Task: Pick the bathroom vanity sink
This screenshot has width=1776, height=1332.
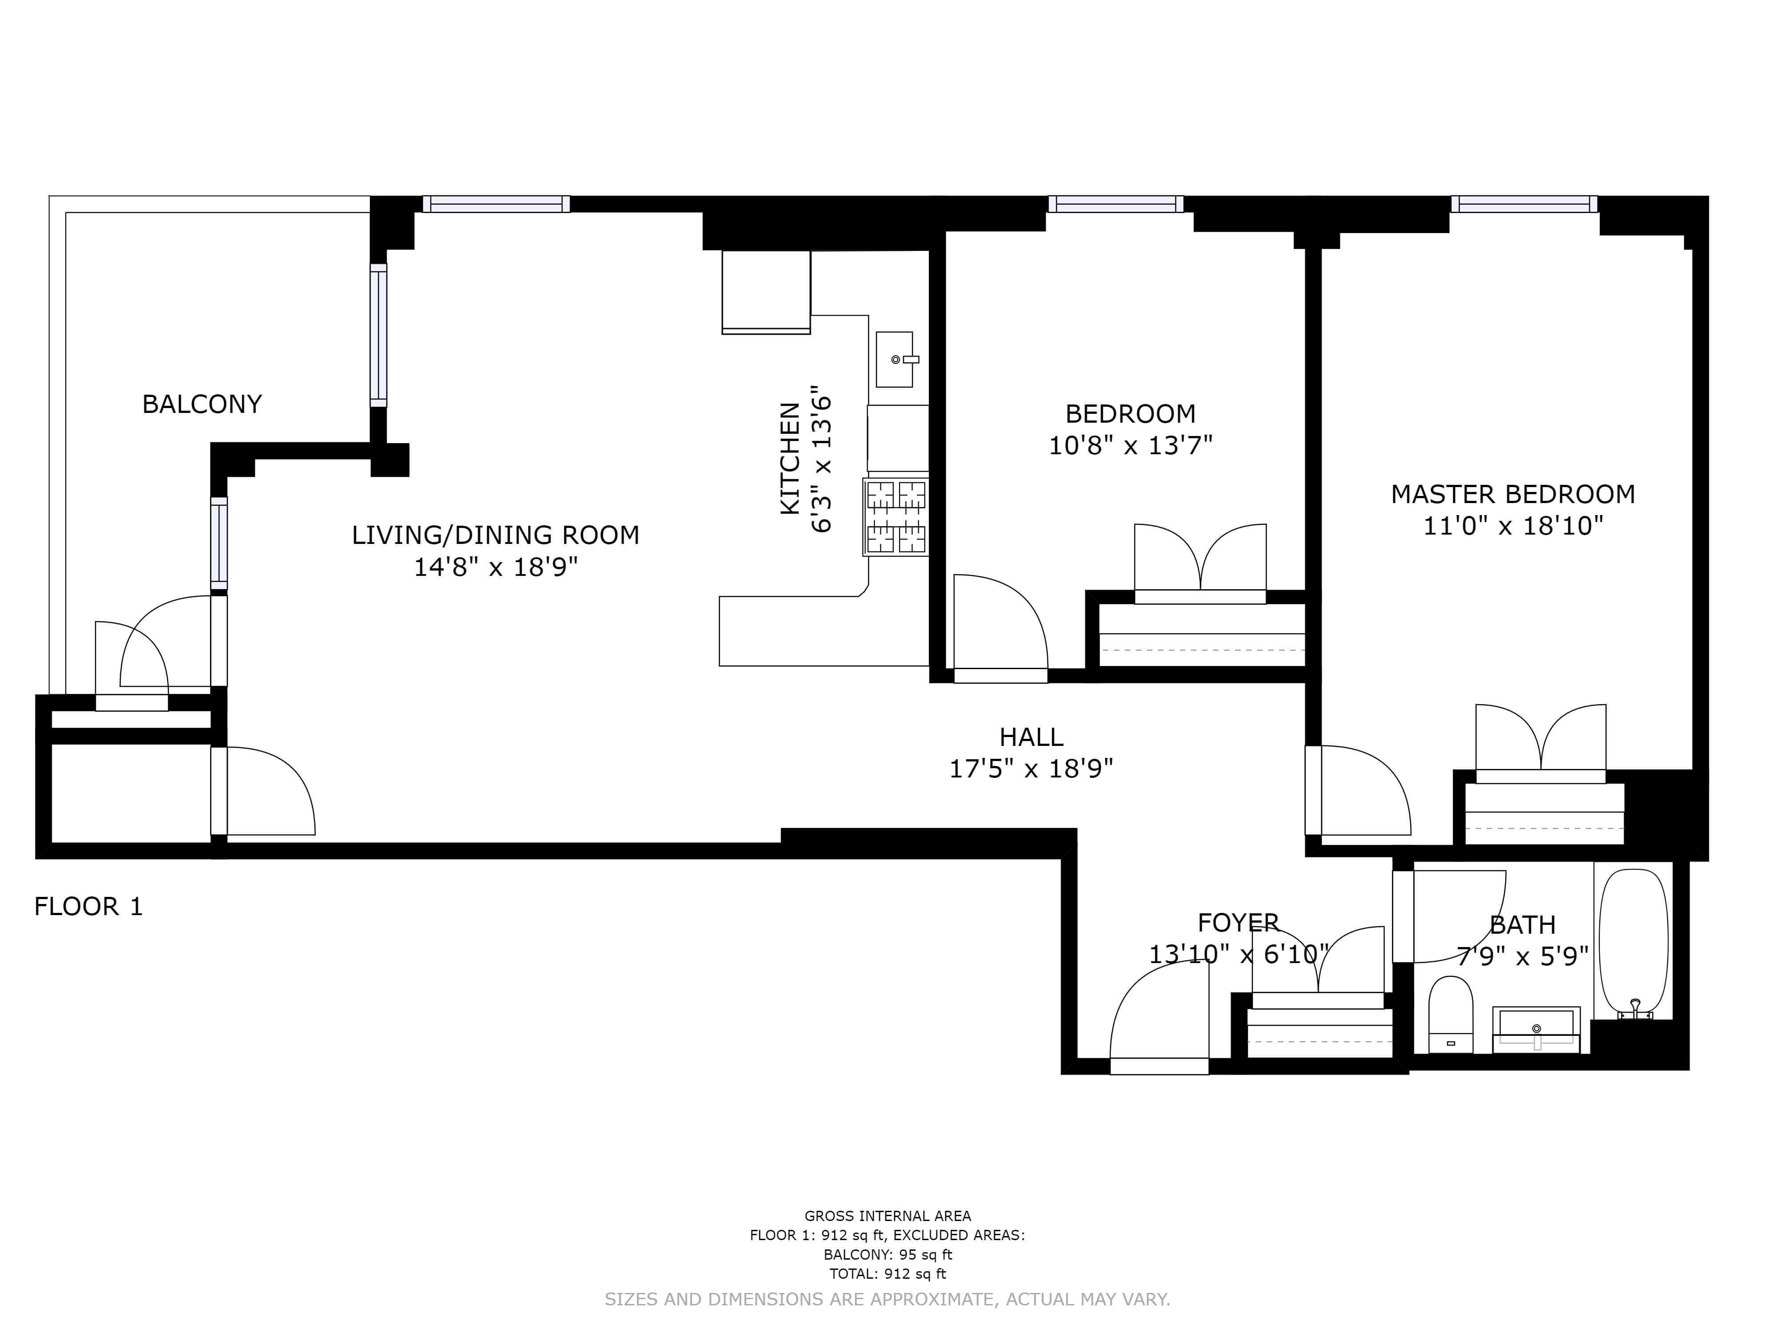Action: (x=1536, y=1030)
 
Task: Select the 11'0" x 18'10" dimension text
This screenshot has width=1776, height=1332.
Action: (x=1513, y=526)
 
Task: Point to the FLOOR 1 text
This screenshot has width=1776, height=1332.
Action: (x=88, y=907)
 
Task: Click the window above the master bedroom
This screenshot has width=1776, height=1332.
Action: (x=1524, y=204)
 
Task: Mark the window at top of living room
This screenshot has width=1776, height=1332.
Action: (x=496, y=204)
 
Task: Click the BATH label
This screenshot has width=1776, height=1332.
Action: (x=1522, y=925)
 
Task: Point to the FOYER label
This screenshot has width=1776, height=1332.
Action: (x=1238, y=923)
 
